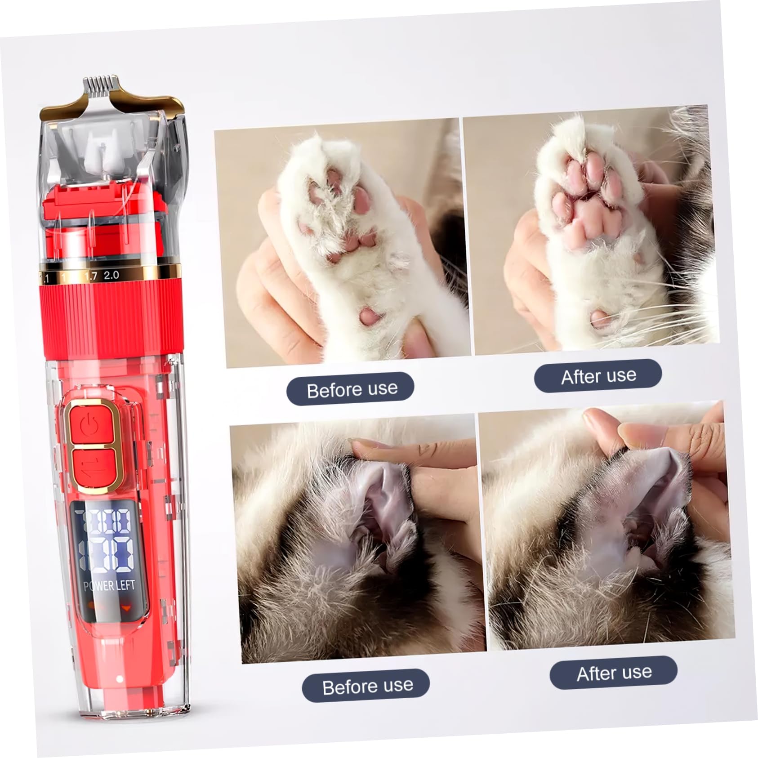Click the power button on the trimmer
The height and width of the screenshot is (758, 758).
pos(89,424)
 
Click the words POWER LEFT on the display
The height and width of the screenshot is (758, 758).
pos(109,585)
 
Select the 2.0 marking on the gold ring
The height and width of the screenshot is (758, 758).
pos(111,275)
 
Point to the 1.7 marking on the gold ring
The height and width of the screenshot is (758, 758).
pos(91,276)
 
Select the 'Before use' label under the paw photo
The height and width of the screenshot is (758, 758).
pos(352,389)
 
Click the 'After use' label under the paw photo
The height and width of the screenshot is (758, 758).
pos(598,376)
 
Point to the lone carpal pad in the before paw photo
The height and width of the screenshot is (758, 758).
pos(370,316)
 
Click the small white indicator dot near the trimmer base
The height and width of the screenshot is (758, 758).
pos(120,678)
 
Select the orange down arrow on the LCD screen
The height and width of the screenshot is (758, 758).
pos(127,608)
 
